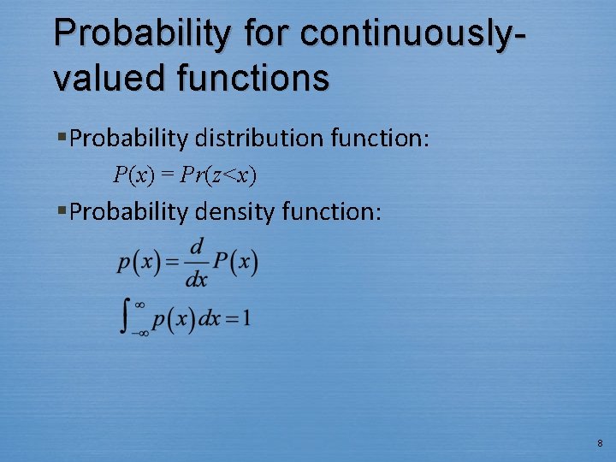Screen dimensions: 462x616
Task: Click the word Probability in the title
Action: tap(141, 34)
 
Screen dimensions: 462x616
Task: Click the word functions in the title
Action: tap(254, 78)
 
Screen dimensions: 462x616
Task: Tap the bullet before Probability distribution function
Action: tap(62, 138)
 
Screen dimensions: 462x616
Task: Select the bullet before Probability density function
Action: tap(62, 211)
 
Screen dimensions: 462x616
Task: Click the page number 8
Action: tap(600, 443)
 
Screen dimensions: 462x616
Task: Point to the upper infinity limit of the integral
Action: tap(140, 304)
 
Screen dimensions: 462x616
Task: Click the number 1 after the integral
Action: tap(246, 319)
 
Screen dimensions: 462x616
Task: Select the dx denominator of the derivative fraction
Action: tap(196, 279)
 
